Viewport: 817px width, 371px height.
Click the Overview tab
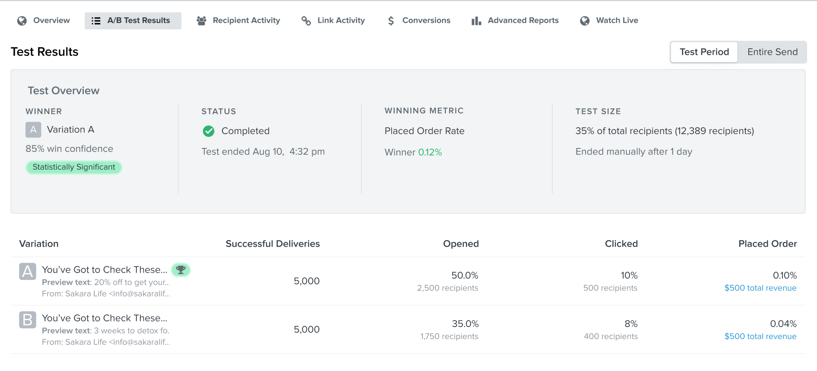coord(44,20)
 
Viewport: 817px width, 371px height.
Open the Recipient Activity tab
coord(238,20)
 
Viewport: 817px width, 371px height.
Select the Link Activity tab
coord(333,20)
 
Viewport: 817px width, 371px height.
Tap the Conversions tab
coord(418,20)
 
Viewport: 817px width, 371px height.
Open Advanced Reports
coord(515,20)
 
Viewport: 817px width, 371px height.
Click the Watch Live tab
coord(609,20)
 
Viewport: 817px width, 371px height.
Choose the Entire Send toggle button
coord(772,52)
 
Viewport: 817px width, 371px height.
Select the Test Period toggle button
coord(704,52)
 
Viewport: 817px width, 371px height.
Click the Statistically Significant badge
coord(74,167)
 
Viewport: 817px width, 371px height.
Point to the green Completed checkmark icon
coord(209,131)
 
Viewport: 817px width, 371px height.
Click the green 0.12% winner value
coord(430,152)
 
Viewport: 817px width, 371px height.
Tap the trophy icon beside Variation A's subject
coord(181,270)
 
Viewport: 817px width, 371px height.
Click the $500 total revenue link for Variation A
coord(760,288)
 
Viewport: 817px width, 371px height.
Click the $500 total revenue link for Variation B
coord(760,336)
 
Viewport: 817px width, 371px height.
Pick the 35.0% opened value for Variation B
coord(465,324)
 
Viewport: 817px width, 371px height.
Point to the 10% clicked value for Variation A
coord(629,275)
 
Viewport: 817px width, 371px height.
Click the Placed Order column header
coord(767,244)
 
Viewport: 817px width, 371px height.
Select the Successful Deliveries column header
coord(272,244)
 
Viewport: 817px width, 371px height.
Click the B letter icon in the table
coord(28,320)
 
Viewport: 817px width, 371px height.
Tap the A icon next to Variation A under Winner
coord(33,129)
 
